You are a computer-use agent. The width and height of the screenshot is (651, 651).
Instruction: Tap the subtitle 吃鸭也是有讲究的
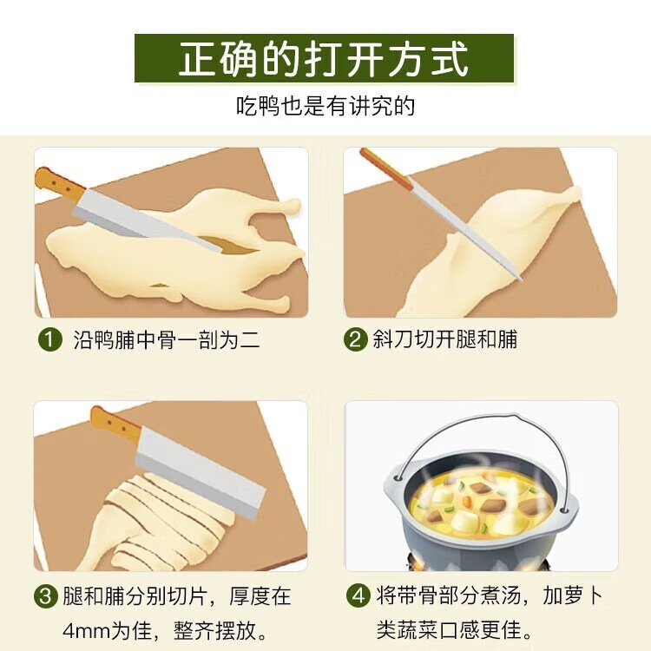(x=325, y=108)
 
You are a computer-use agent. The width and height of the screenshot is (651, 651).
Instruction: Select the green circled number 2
(x=355, y=339)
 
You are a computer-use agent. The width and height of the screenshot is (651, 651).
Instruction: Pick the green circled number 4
(x=357, y=596)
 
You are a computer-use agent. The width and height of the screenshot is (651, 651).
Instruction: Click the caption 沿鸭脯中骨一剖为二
(x=166, y=339)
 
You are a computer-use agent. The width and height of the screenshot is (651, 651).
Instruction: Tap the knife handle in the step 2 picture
(x=386, y=168)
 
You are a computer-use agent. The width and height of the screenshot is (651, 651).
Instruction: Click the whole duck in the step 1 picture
(x=174, y=252)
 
